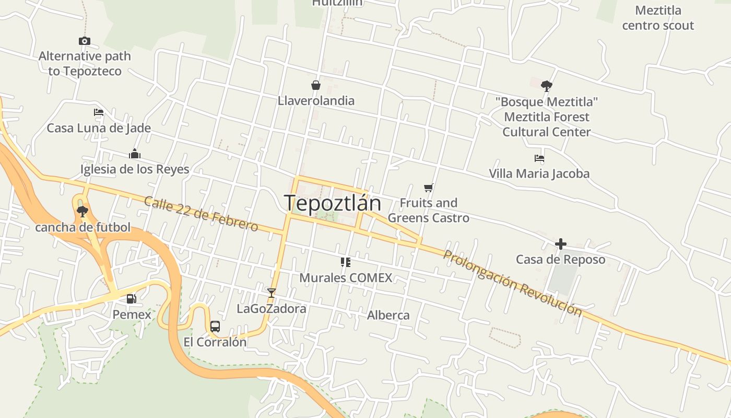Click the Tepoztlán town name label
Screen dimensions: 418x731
click(x=333, y=203)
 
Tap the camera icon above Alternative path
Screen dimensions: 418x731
click(x=85, y=41)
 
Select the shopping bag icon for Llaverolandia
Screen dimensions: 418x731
click(x=316, y=85)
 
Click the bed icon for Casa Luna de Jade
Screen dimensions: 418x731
click(x=99, y=112)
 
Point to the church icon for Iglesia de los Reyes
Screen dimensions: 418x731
click(x=135, y=154)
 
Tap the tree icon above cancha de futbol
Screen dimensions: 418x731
click(x=82, y=212)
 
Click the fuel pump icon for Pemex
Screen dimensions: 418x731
click(x=132, y=299)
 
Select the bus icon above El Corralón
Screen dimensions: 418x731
click(x=215, y=327)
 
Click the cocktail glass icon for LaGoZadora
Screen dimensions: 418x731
click(x=271, y=293)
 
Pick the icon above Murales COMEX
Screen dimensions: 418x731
click(x=345, y=262)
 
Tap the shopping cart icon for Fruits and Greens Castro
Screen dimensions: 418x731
click(x=429, y=188)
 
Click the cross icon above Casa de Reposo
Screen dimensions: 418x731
click(x=561, y=244)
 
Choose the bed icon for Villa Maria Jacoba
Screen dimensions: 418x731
click(x=539, y=158)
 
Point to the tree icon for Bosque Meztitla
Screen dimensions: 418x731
click(x=547, y=86)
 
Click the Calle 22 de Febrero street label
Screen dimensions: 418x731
click(x=201, y=214)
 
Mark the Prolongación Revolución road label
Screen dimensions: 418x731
click(x=512, y=283)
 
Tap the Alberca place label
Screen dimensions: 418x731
click(x=388, y=315)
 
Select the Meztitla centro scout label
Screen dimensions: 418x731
click(x=658, y=18)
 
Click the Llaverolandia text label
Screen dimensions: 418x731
click(x=316, y=101)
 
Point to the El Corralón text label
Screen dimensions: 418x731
click(x=215, y=342)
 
